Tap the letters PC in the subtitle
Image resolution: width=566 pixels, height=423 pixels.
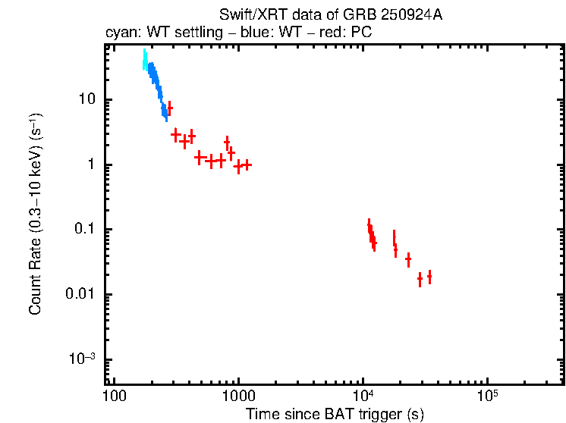(360, 34)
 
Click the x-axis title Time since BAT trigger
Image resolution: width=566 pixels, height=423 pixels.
(335, 414)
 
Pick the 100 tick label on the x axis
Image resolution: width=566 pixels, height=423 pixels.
(114, 397)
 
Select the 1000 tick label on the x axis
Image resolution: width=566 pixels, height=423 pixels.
(238, 397)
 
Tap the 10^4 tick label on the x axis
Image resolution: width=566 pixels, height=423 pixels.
(363, 396)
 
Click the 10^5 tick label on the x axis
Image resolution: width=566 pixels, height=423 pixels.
(488, 396)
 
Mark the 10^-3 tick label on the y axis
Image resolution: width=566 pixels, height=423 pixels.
(83, 359)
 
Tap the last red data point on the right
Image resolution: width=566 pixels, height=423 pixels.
(429, 277)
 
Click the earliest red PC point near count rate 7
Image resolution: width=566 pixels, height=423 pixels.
(169, 108)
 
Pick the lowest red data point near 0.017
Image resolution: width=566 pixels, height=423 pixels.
(420, 280)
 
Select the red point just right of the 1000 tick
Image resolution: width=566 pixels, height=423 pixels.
(247, 164)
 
